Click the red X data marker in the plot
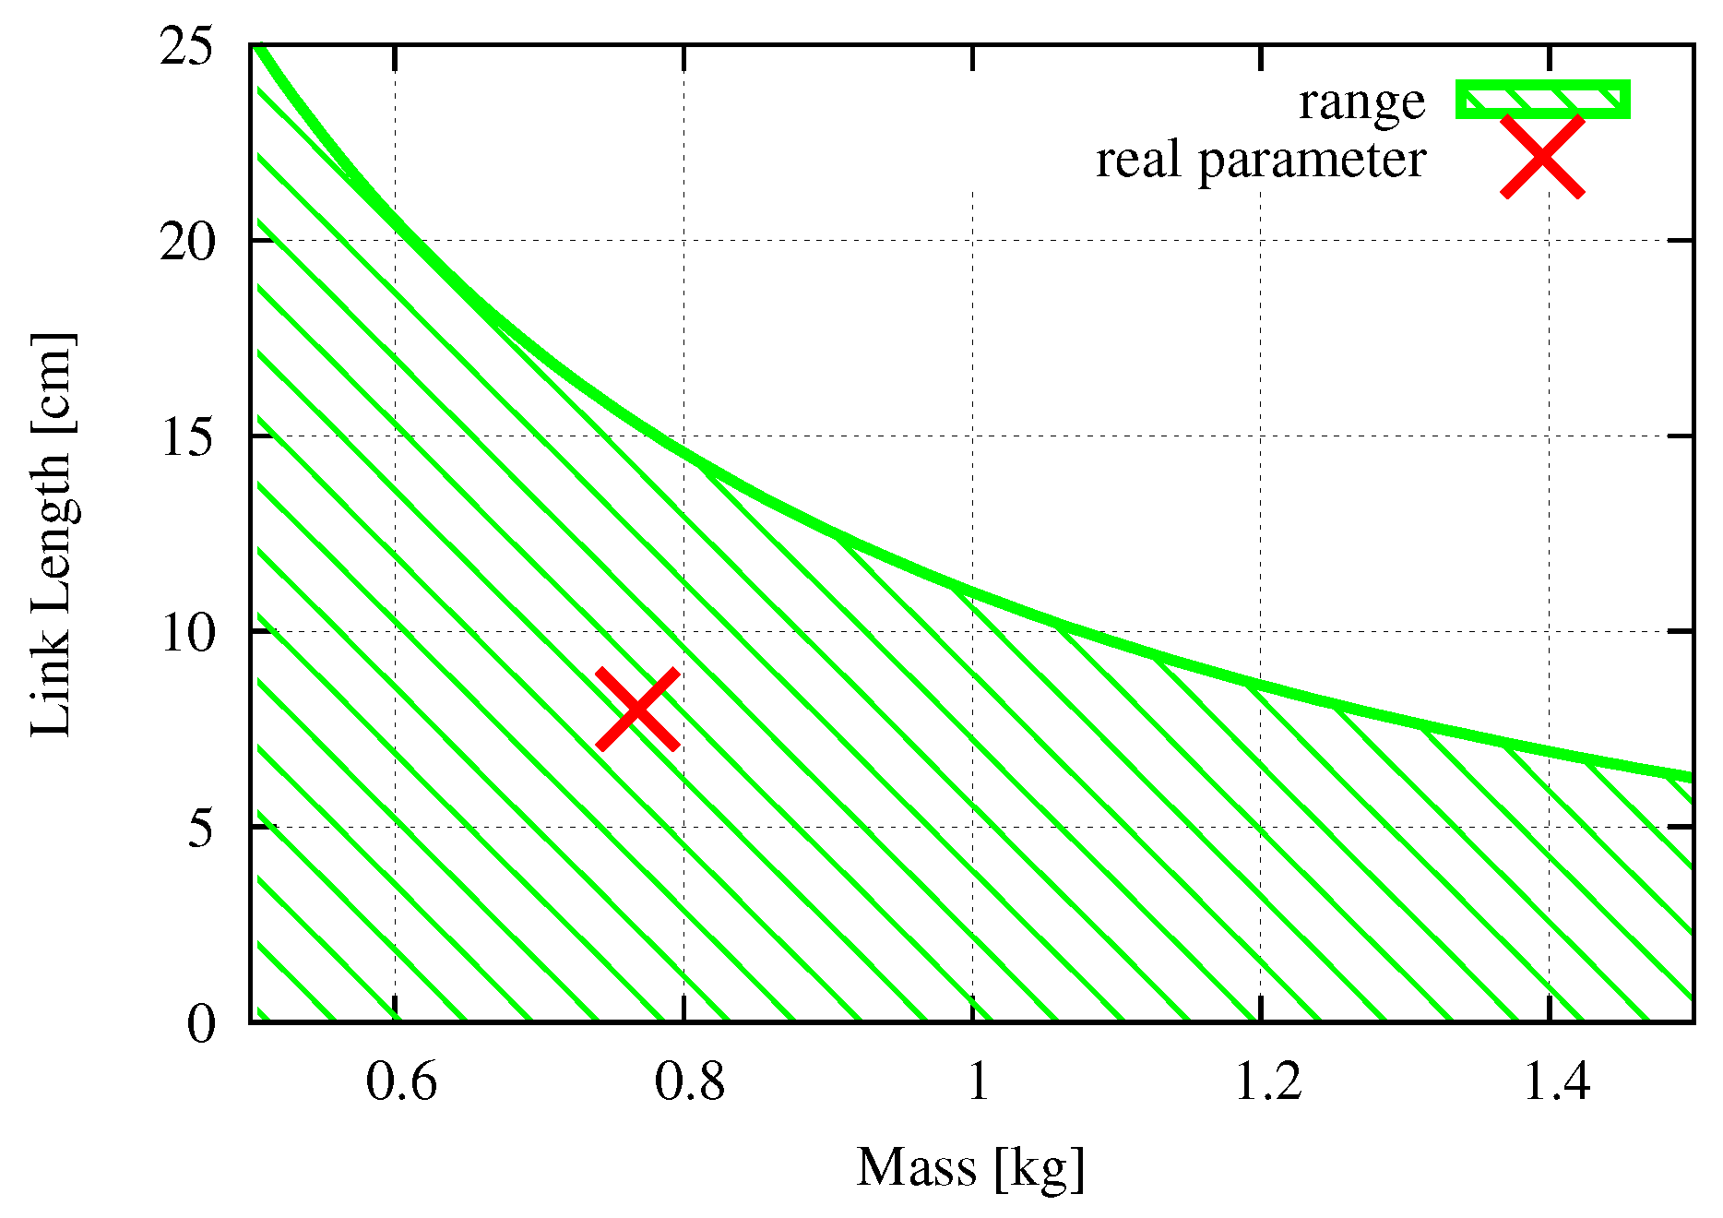coord(637,709)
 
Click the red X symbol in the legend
coord(1542,157)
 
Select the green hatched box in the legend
coord(1542,100)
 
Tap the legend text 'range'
coord(1361,101)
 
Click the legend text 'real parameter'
coord(1260,160)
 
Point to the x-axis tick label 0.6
coord(401,1081)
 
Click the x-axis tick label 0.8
coord(689,1081)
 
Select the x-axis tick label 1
coord(978,1081)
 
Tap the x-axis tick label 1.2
coord(1267,1081)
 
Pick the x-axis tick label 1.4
coord(1556,1081)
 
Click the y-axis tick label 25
coord(187,46)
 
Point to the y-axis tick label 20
coord(187,242)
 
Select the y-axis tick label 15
coord(187,437)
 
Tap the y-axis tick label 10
coord(187,633)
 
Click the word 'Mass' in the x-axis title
coord(916,1167)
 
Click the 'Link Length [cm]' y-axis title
coord(52,535)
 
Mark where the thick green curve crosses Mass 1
coord(972,590)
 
